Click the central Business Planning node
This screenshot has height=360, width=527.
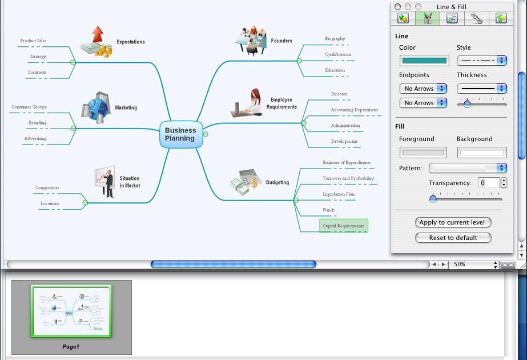180,134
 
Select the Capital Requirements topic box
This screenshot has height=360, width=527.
343,226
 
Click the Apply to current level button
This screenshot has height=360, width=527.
453,222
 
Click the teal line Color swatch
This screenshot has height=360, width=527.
424,61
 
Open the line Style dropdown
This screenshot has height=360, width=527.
482,61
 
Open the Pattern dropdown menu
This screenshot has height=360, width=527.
468,168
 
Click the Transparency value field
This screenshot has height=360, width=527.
489,183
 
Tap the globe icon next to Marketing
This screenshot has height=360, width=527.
95,107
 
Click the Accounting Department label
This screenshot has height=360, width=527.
354,110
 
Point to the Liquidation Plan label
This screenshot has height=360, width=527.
339,194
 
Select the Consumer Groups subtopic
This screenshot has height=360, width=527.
29,107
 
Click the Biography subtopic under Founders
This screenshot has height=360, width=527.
335,39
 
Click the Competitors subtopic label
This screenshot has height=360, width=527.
47,187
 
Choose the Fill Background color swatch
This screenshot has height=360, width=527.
482,153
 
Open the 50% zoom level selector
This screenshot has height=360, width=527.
474,265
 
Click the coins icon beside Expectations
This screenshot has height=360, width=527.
96,43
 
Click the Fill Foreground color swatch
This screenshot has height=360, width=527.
424,153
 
